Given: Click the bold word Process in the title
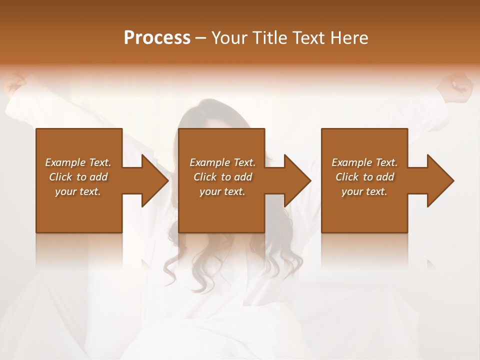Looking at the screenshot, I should [157, 38].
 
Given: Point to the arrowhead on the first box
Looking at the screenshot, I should [154, 180].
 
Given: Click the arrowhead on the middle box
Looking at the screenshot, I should [296, 180].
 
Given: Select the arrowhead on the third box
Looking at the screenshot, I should [439, 180].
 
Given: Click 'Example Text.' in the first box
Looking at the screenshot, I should [78, 162].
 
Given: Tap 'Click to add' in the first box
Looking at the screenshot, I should [78, 177].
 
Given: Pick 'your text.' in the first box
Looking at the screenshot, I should [78, 191].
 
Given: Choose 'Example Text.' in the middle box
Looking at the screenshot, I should [222, 162].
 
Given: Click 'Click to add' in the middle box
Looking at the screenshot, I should [222, 177].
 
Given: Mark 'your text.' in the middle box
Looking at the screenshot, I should [222, 191].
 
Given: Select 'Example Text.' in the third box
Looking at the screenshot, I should [364, 162].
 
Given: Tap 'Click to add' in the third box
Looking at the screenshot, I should [364, 177].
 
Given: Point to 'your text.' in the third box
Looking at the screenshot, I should [364, 191].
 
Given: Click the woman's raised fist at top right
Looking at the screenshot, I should [457, 86].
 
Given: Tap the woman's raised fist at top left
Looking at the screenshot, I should [15, 82].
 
